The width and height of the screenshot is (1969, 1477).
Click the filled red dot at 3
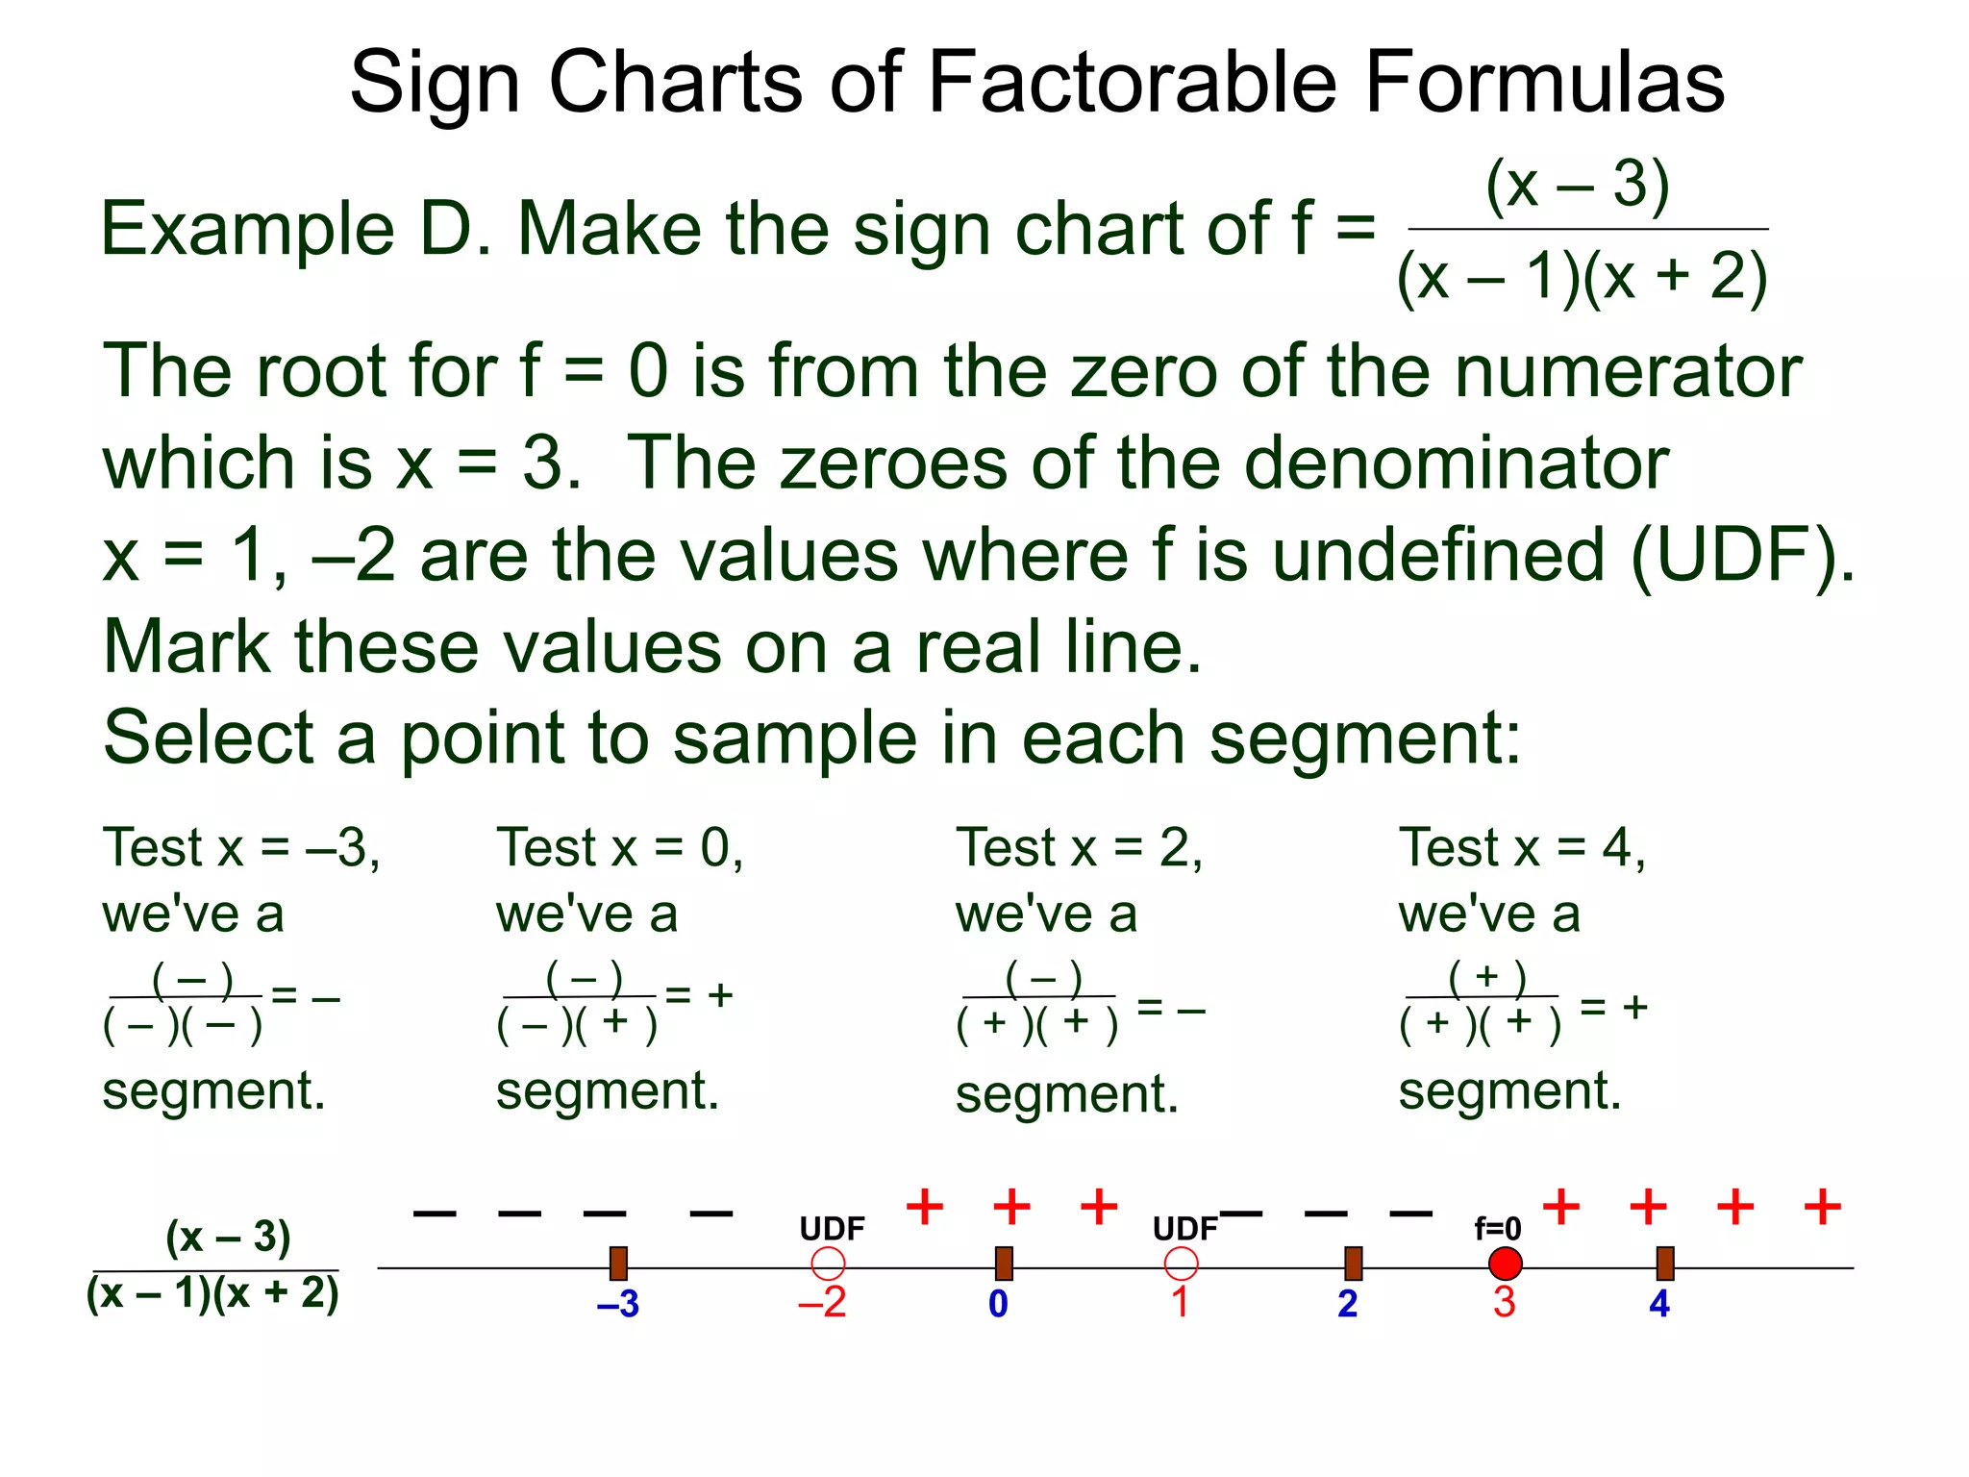[1505, 1264]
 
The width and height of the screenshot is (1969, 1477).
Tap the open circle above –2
[828, 1264]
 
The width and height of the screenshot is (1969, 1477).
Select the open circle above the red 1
[1181, 1264]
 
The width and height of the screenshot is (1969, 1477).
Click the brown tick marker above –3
[618, 1264]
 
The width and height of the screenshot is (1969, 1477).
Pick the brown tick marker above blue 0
[1004, 1264]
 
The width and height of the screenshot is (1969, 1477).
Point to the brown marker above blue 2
[1353, 1264]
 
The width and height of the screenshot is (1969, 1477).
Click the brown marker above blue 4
[1665, 1264]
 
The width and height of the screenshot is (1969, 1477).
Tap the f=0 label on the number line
[1498, 1228]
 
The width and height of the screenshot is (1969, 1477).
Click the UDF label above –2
[832, 1228]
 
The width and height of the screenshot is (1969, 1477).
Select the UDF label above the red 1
[1184, 1228]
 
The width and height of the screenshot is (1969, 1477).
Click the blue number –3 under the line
[618, 1304]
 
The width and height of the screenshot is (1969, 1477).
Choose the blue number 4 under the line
[1659, 1304]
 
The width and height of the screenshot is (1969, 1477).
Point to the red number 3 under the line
[1504, 1302]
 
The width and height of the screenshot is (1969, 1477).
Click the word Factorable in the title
[1132, 83]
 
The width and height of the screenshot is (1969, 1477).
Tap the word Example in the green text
[247, 230]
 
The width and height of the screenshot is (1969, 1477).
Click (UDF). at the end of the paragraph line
[1742, 556]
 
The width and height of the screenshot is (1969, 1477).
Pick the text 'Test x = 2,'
[1079, 848]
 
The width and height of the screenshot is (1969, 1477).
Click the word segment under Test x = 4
[1509, 1091]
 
